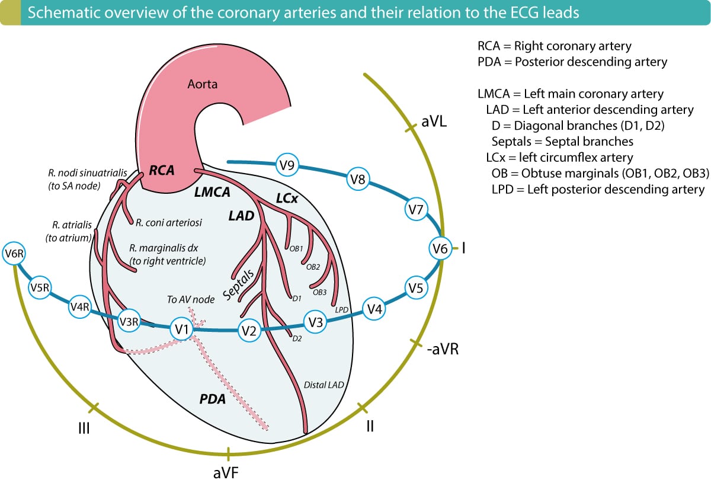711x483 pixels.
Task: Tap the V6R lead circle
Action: click(x=14, y=255)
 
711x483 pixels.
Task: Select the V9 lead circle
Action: click(x=287, y=166)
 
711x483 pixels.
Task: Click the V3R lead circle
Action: click(x=129, y=321)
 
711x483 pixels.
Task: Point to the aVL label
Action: click(x=434, y=122)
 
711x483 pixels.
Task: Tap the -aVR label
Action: click(x=442, y=349)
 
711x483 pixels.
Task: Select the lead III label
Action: click(x=84, y=427)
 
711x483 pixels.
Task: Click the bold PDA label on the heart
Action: click(x=213, y=399)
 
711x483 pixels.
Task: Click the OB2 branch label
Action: click(x=313, y=267)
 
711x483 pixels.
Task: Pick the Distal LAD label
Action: click(x=324, y=384)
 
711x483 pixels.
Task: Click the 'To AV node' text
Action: click(x=190, y=299)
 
